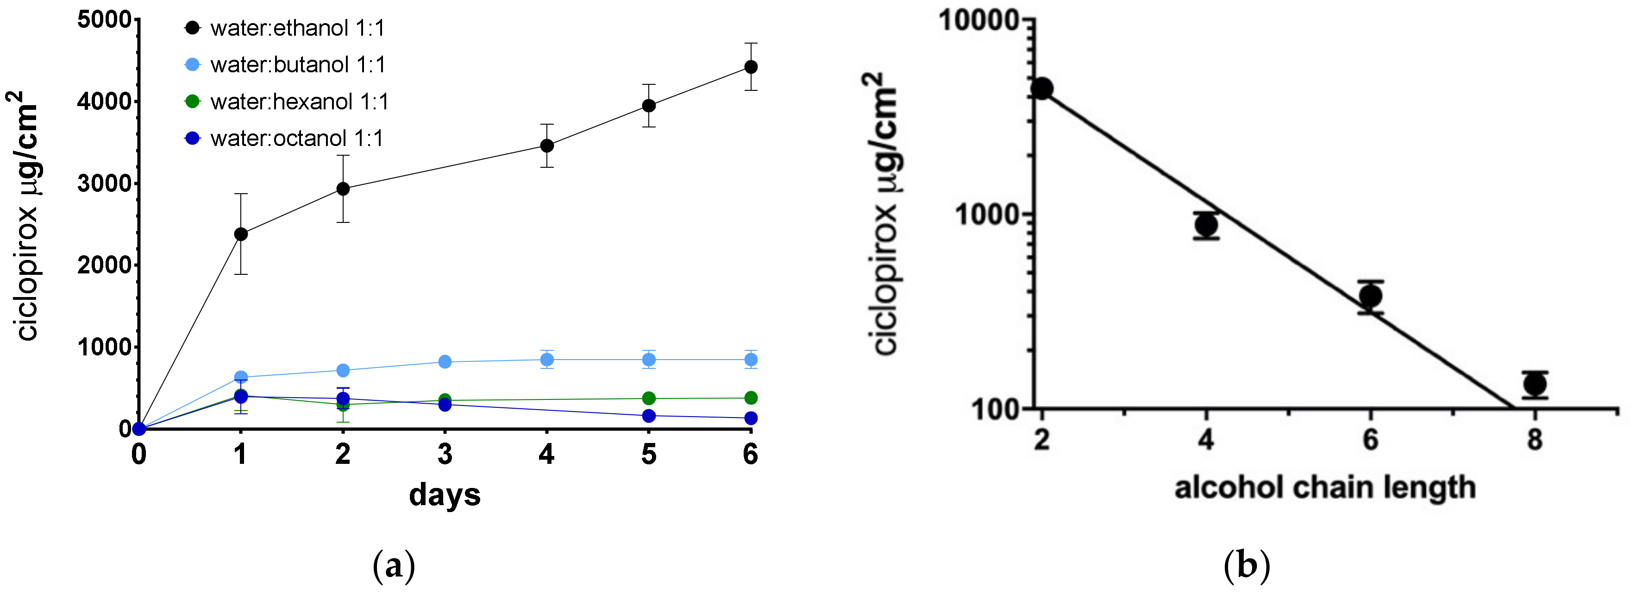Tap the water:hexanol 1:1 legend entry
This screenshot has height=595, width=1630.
[299, 102]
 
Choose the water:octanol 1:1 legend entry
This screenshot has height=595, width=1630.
[296, 139]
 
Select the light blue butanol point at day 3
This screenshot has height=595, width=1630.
[445, 362]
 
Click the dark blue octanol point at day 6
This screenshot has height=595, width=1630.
[751, 418]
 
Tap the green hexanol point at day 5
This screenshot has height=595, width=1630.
[649, 398]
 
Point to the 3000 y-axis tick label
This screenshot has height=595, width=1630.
[104, 184]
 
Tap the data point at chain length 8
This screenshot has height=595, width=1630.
[1535, 384]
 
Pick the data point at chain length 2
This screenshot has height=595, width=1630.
[1042, 89]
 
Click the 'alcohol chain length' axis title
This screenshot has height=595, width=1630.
[1325, 488]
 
